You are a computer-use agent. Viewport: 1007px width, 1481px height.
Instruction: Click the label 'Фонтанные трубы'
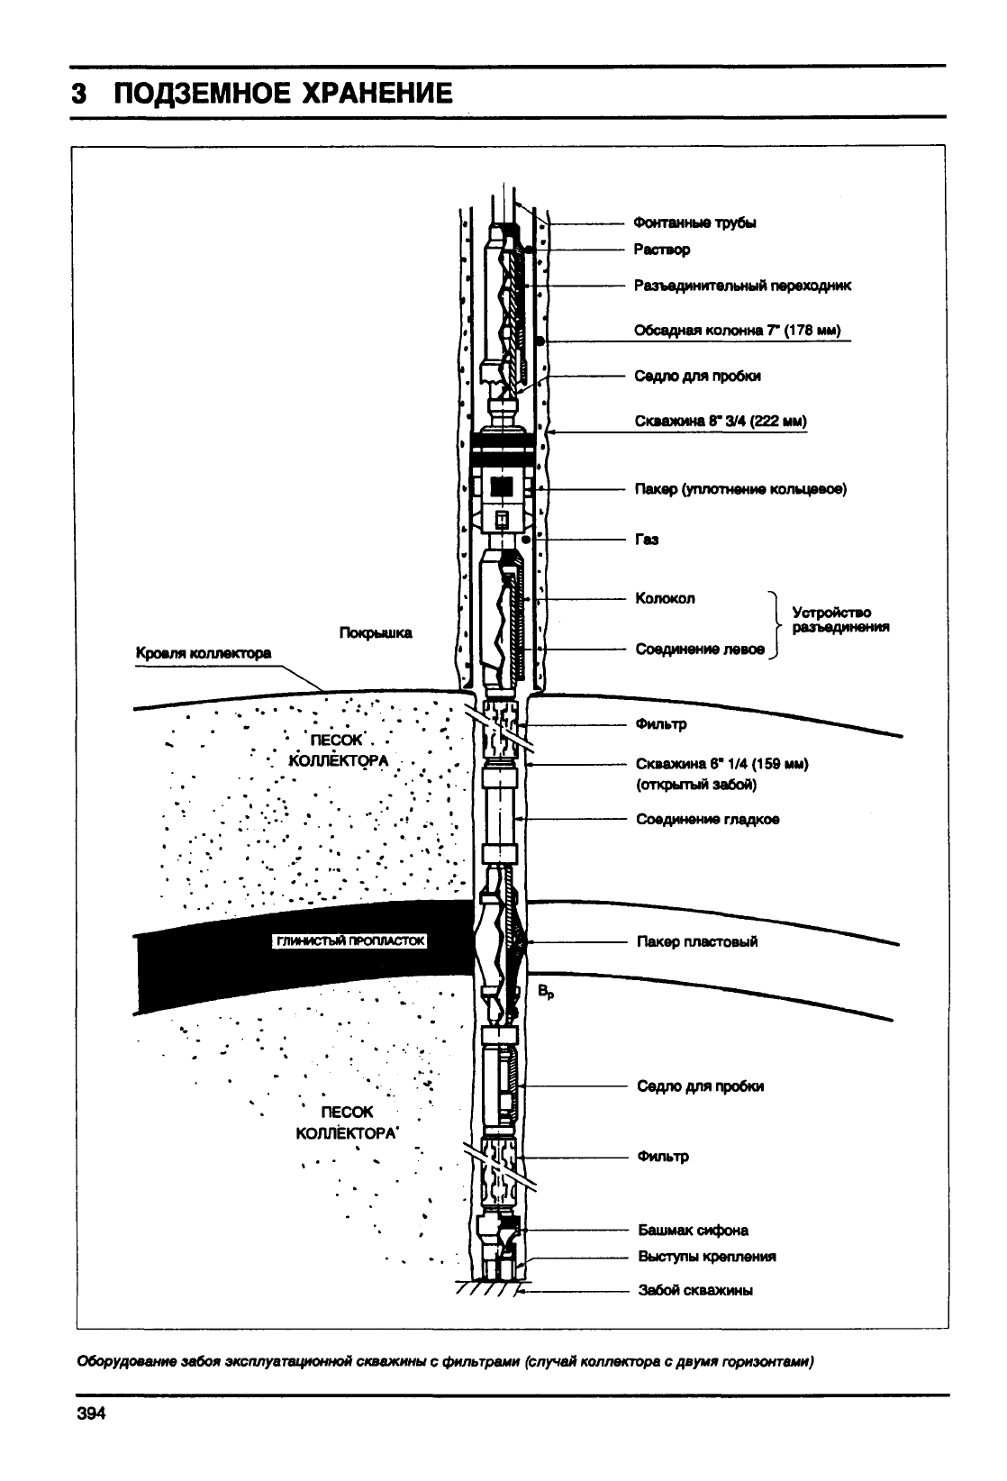[694, 223]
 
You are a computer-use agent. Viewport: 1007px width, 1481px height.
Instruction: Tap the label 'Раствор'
[662, 250]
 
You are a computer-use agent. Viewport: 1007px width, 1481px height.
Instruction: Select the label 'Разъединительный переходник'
[742, 286]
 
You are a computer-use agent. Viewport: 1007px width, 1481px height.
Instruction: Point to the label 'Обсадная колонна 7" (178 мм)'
[737, 330]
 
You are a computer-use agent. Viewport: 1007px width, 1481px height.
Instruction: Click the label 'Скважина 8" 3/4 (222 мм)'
[721, 422]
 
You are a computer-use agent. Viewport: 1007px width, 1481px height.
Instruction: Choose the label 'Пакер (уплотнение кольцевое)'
[740, 489]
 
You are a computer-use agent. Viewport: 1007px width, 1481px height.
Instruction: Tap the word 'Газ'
[647, 540]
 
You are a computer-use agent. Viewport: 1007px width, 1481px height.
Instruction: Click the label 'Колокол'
[665, 598]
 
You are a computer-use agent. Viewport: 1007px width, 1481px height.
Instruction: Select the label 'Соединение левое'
[700, 650]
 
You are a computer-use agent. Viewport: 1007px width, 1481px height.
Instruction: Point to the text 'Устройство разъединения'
[840, 620]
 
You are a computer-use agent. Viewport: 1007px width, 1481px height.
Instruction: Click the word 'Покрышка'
[376, 632]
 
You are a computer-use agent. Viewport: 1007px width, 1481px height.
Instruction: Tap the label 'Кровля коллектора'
[204, 653]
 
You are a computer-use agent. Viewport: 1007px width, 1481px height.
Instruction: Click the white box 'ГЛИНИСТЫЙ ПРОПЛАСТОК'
[349, 940]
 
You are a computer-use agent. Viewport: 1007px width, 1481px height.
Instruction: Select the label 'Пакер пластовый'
[697, 941]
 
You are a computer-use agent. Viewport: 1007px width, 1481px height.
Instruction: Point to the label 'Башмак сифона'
[693, 1231]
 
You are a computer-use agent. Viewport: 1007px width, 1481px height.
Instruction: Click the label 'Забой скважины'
[695, 1290]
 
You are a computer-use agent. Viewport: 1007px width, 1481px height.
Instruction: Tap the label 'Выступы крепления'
[707, 1256]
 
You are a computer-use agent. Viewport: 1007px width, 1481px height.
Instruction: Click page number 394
[91, 1413]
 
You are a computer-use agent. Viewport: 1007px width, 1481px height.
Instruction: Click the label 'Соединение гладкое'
[708, 819]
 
